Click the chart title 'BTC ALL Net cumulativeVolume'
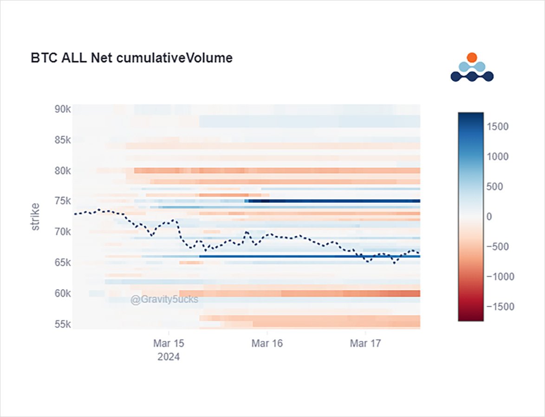coord(131,58)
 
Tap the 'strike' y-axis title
coord(35,217)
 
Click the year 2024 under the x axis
coord(169,357)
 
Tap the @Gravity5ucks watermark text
coord(164,300)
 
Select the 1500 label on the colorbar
coord(498,126)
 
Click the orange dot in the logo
coord(472,57)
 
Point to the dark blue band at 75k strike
coord(334,201)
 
